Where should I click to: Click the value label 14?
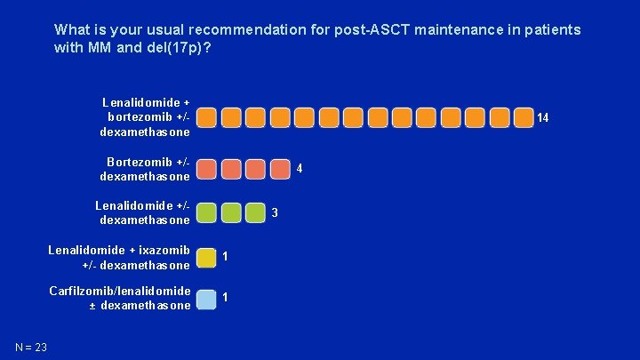[x=542, y=118]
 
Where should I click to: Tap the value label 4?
[x=300, y=169]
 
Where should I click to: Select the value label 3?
[x=275, y=212]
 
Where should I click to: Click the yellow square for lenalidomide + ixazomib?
[x=206, y=257]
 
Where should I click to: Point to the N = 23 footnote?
[x=31, y=347]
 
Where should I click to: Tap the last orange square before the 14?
[x=524, y=118]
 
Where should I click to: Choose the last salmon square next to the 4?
[x=279, y=169]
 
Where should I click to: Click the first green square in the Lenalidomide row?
[x=206, y=212]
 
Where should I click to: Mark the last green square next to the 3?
[x=255, y=212]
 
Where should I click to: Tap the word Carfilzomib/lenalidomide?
[x=119, y=291]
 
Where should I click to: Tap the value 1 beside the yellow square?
[x=226, y=257]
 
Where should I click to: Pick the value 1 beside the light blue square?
[x=226, y=298]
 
